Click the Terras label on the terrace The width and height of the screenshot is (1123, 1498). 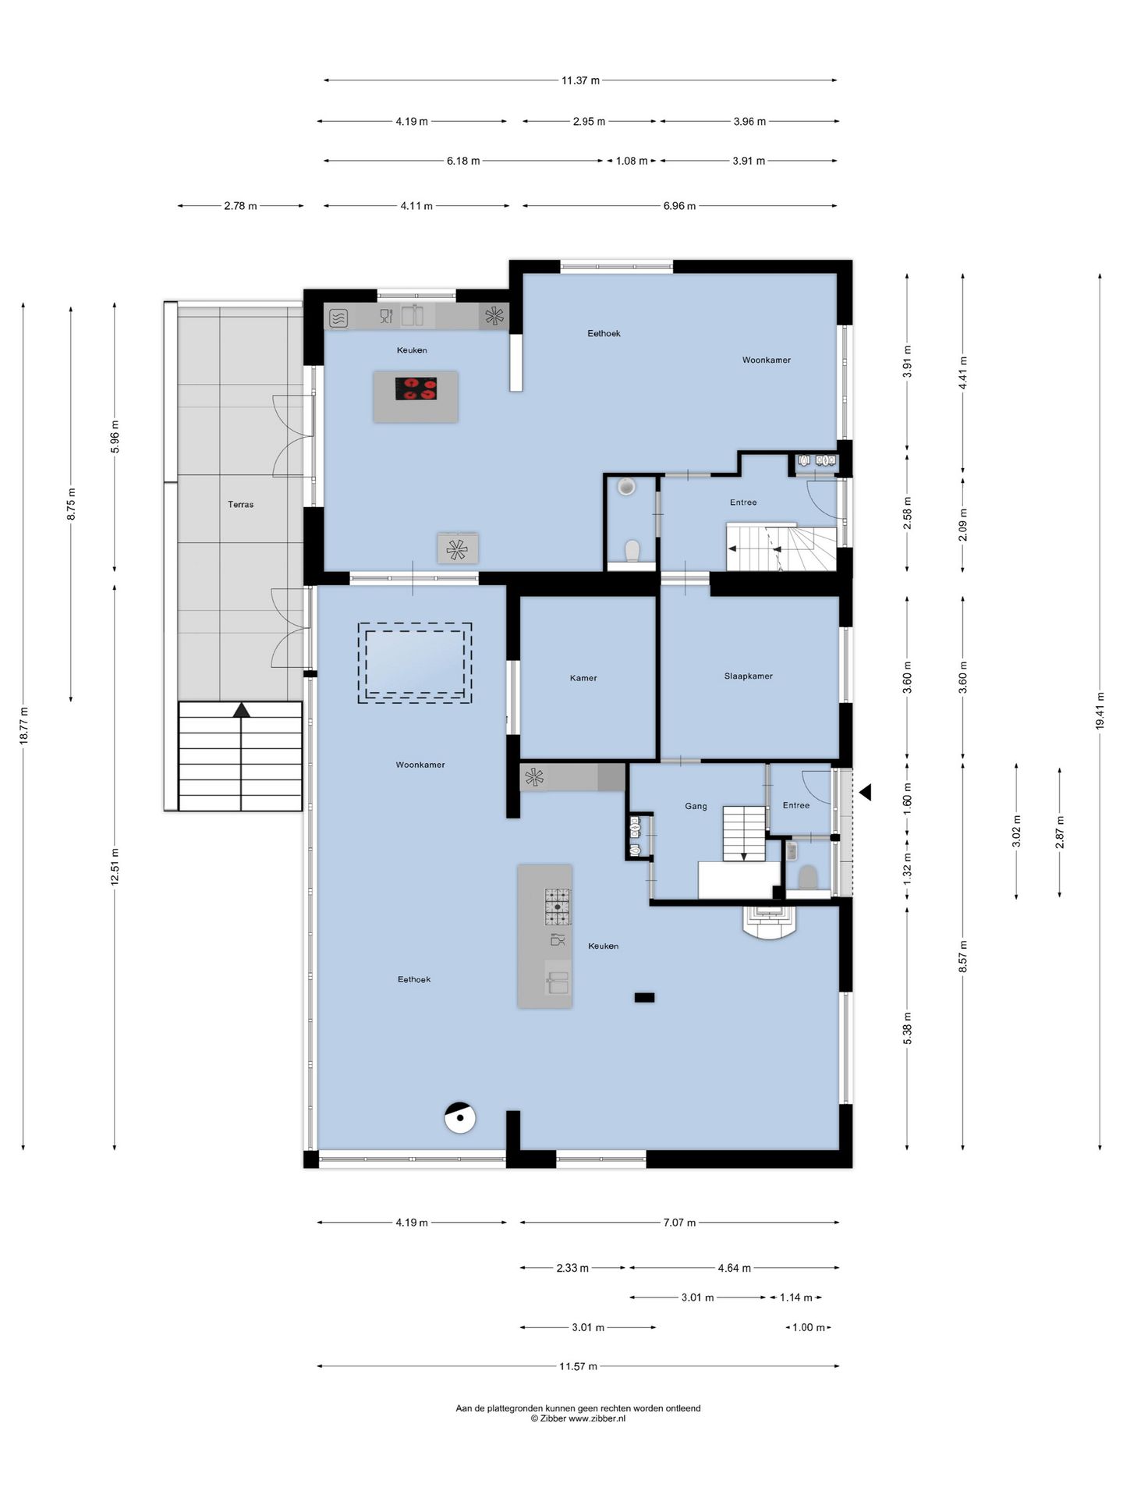click(240, 505)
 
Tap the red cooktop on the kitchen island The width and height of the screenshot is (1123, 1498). click(416, 389)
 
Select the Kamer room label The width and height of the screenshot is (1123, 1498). click(583, 678)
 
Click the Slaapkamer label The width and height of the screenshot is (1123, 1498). click(748, 676)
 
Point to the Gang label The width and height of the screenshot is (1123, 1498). click(696, 806)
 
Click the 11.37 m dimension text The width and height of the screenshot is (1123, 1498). click(581, 80)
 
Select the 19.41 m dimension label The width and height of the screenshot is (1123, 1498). click(1100, 711)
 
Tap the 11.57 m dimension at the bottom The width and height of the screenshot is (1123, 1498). click(578, 1366)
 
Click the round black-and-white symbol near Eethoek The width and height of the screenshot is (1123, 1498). click(460, 1118)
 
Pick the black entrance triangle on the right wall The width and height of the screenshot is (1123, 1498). click(865, 793)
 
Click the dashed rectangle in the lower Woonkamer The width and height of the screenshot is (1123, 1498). click(415, 662)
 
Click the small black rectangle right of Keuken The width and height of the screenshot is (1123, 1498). click(644, 997)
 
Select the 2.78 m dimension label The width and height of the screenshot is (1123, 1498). click(240, 206)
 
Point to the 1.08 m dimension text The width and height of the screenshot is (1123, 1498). click(632, 161)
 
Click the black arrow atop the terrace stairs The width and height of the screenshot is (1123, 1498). click(242, 710)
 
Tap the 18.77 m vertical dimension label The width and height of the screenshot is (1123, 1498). click(23, 726)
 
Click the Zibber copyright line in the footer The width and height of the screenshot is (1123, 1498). click(578, 1419)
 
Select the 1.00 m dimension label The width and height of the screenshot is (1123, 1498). click(808, 1327)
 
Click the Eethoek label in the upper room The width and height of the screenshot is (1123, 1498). click(604, 333)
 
